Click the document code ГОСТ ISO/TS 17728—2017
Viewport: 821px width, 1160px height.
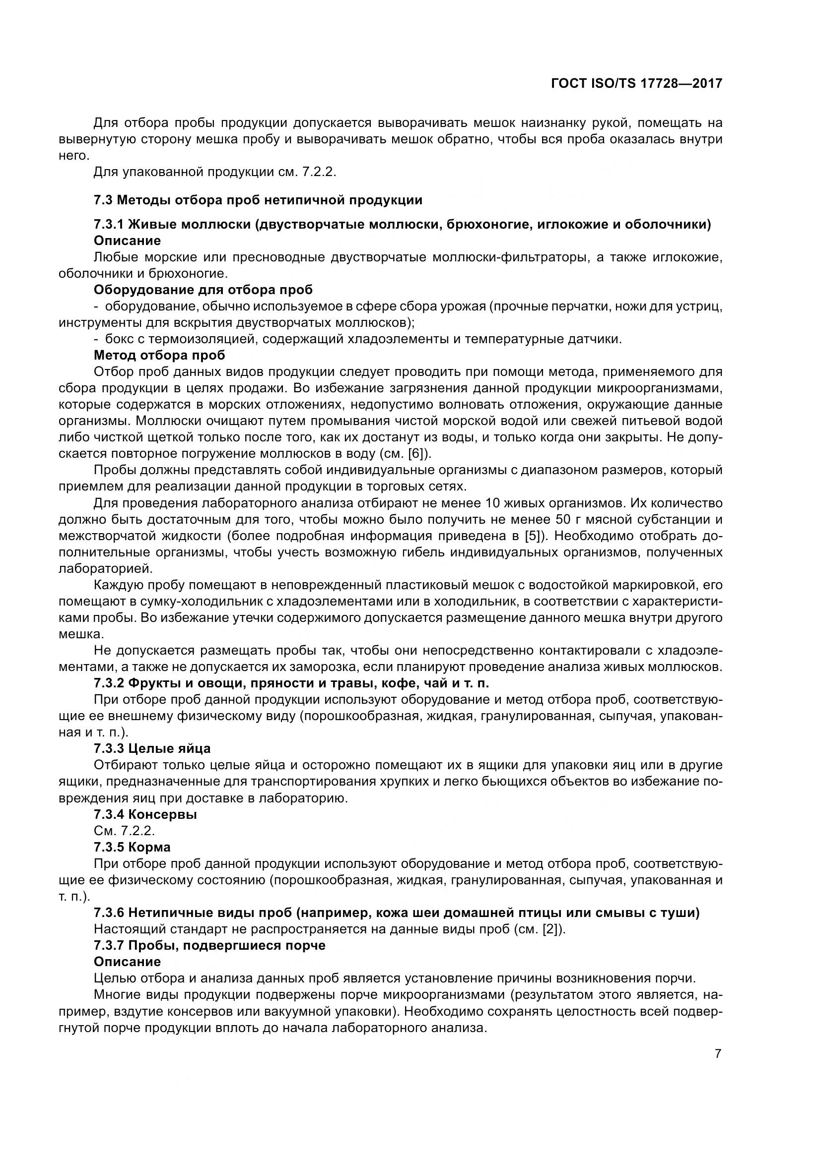point(636,83)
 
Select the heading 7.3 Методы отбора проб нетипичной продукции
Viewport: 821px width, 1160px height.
point(258,200)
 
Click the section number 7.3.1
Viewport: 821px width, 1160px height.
point(109,224)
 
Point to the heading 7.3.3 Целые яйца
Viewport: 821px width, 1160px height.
point(152,748)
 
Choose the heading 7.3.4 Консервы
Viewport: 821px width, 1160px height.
point(145,814)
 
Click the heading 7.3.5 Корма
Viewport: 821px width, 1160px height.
point(132,847)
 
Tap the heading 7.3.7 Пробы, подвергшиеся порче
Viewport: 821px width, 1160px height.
point(209,945)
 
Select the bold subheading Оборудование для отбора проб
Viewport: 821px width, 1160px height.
point(203,290)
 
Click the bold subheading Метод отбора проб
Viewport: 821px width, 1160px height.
point(159,355)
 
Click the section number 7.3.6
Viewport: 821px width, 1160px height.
point(109,913)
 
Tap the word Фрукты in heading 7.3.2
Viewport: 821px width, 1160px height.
point(151,683)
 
